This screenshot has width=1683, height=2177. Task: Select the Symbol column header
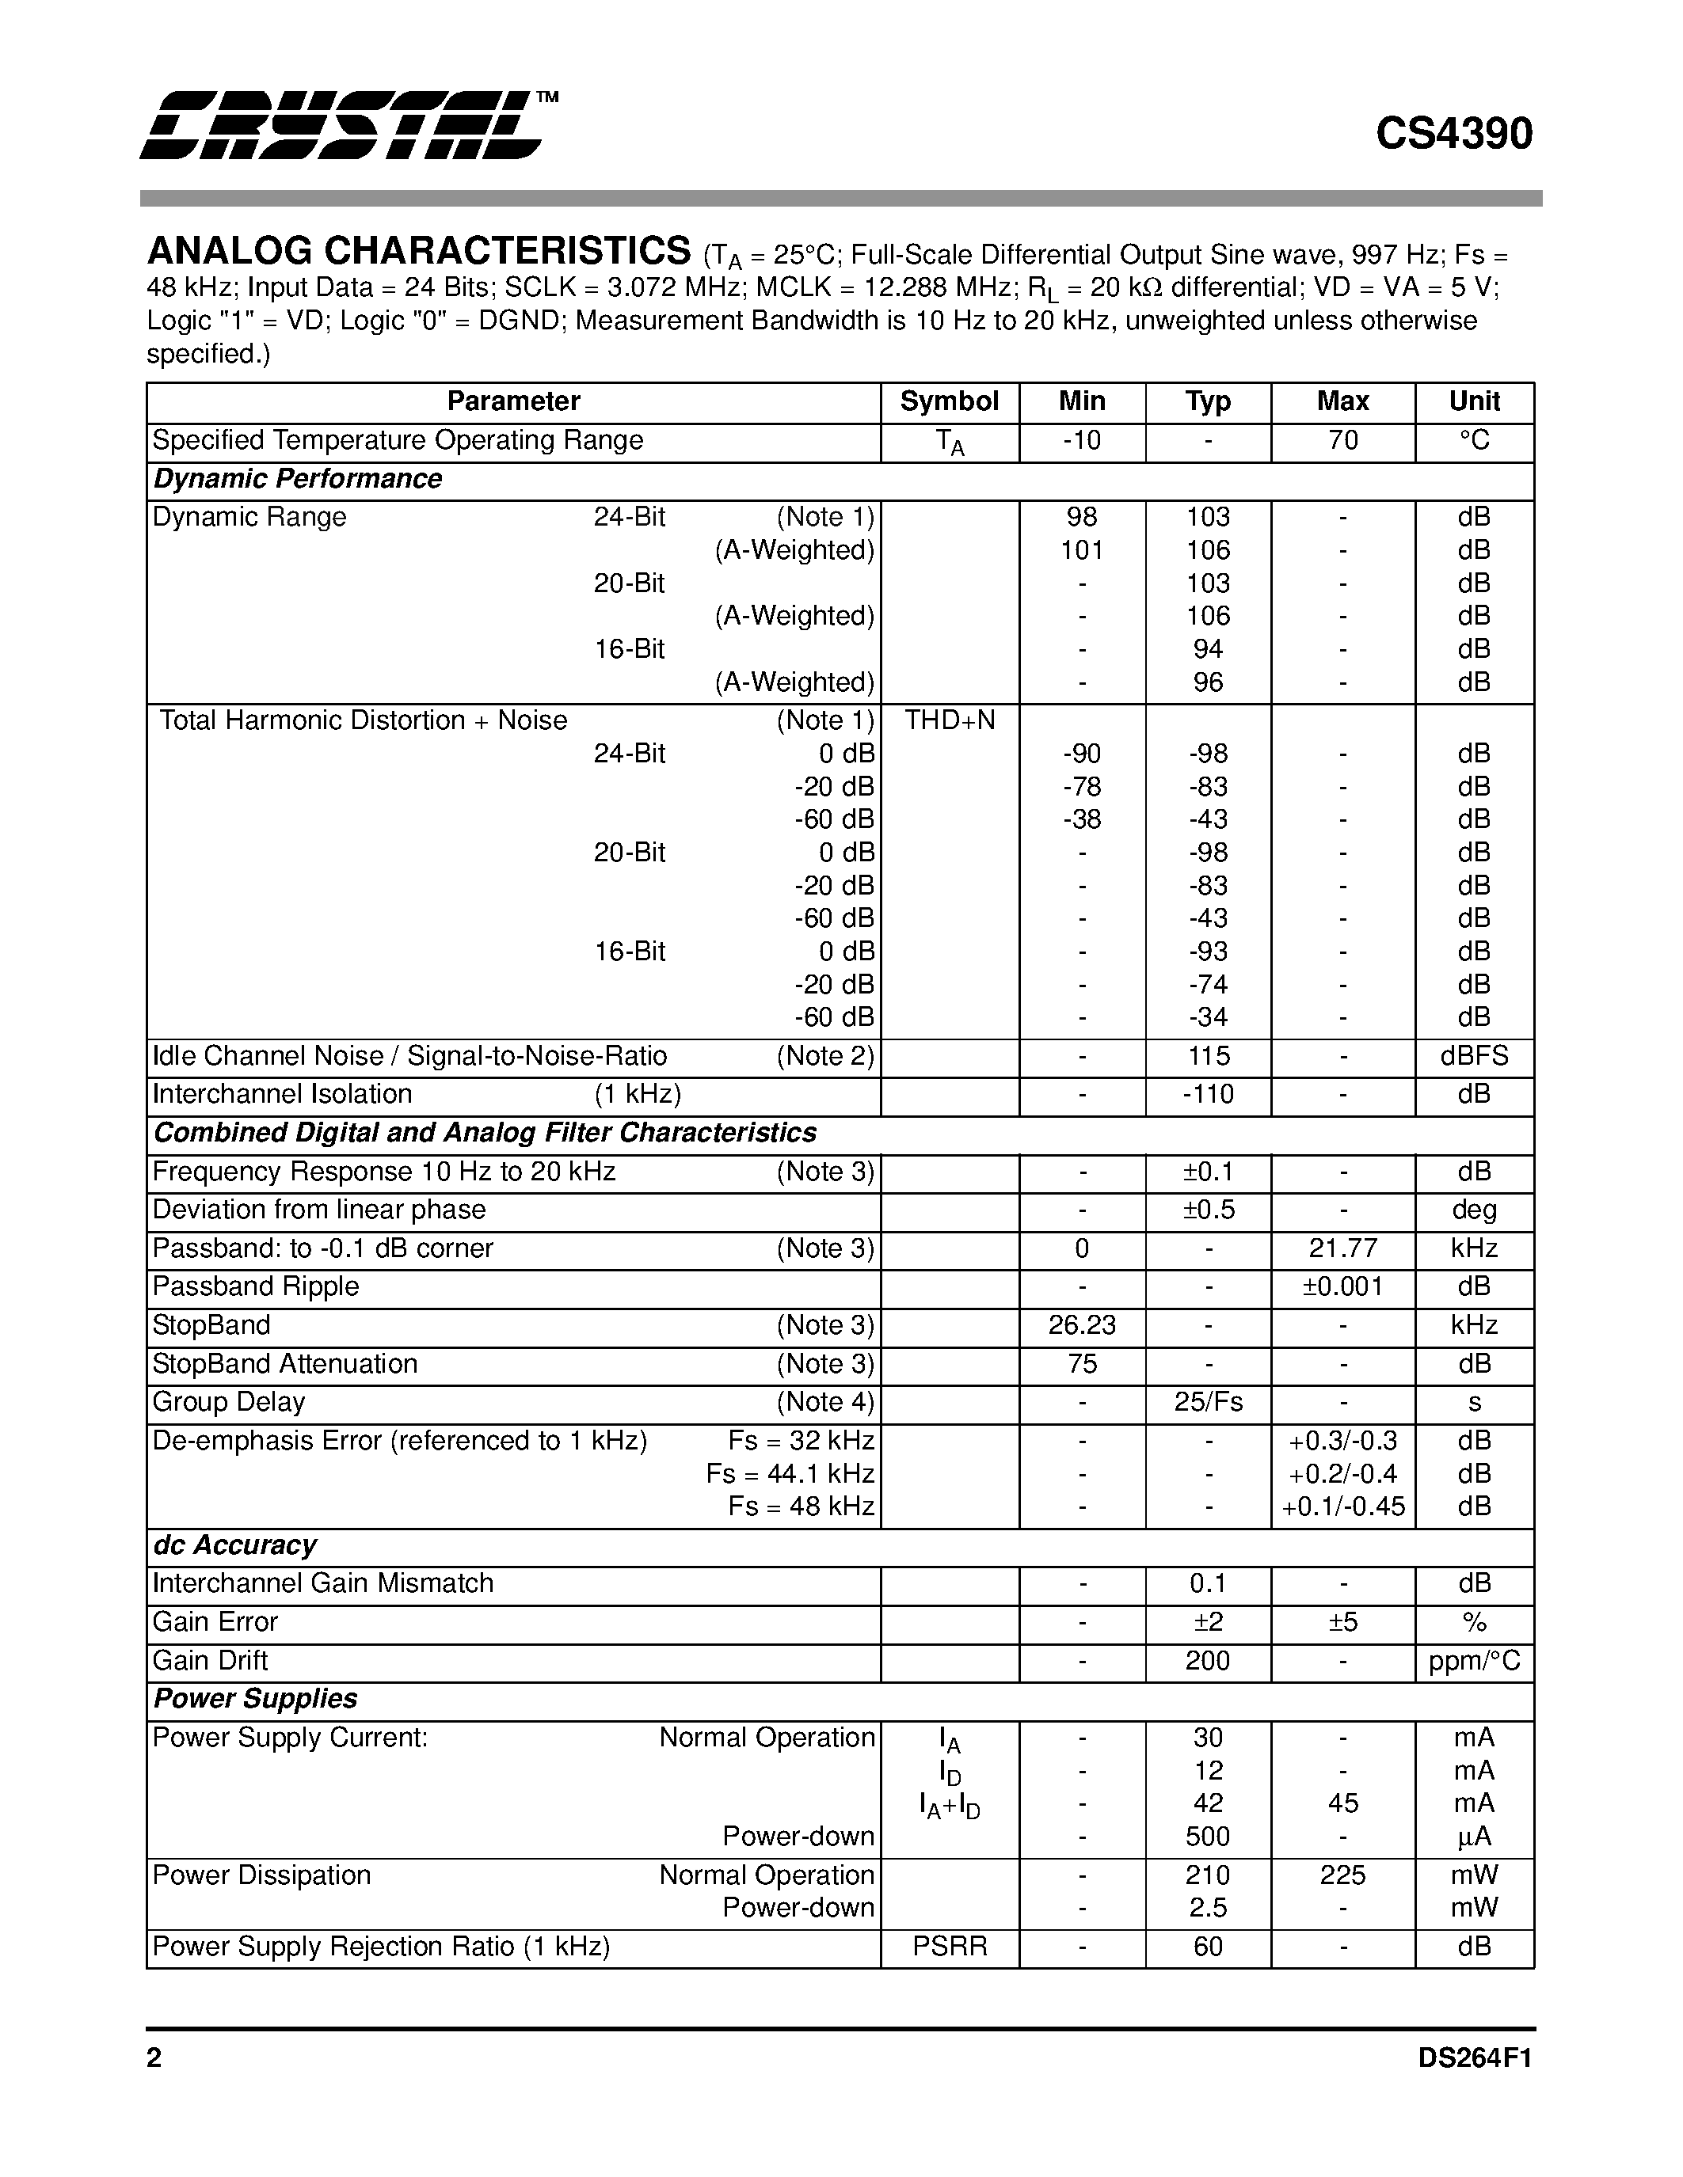948,401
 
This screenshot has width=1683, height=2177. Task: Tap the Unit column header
1474,401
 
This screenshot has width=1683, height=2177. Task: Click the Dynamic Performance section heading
297,480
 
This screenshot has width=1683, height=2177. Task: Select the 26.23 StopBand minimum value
1082,1326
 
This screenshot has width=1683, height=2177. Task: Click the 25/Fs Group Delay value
1208,1403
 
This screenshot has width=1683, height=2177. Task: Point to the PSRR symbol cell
949,1947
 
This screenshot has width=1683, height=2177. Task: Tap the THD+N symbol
949,720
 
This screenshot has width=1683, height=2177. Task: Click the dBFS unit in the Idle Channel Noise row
1474,1057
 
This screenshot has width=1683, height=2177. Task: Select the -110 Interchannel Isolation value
1208,1095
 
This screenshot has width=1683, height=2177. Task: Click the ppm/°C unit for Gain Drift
1474,1661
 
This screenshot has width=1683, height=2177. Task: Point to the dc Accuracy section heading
234,1546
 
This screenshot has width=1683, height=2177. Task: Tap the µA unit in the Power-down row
1474,1836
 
